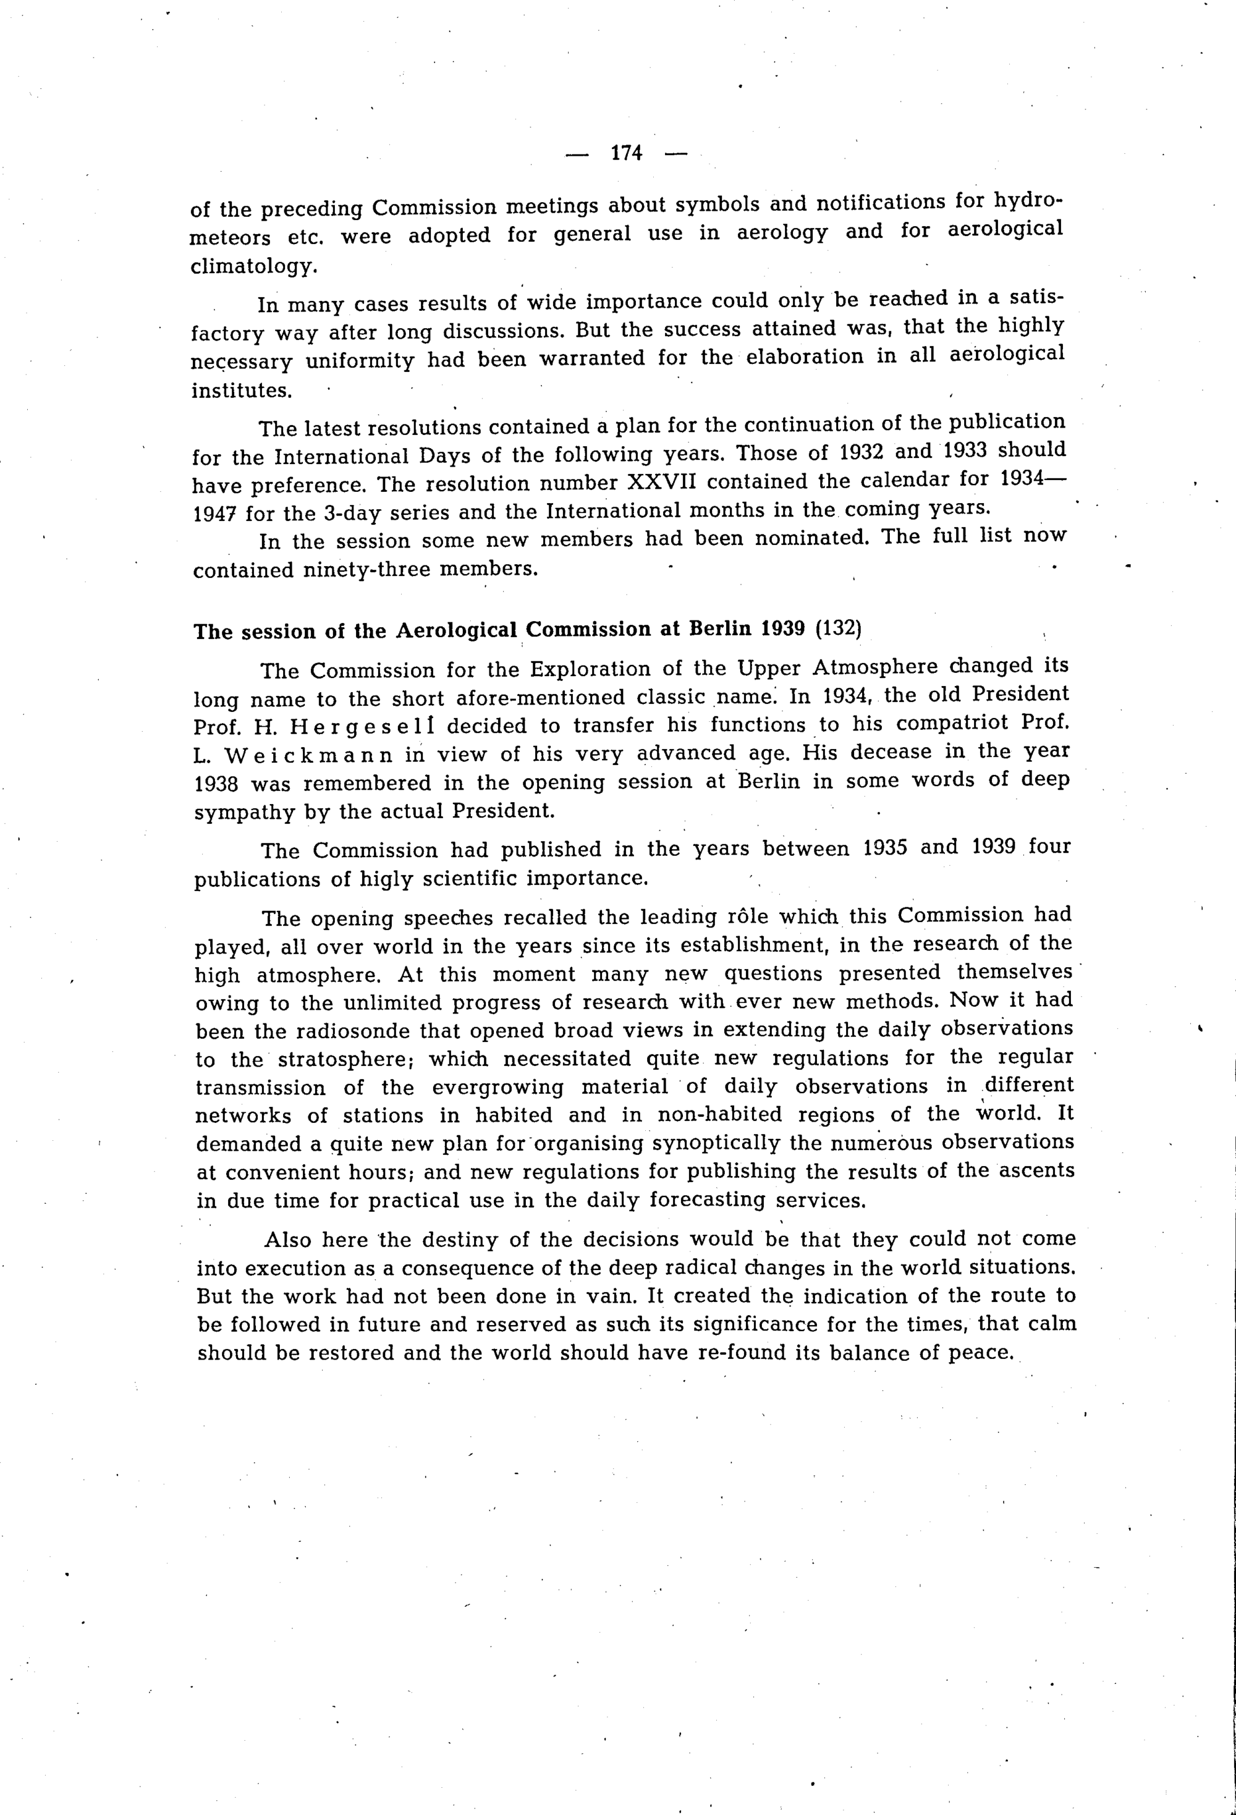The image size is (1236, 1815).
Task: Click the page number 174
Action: coord(626,153)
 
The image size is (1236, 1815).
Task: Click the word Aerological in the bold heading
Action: coord(457,631)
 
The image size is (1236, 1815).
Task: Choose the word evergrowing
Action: coord(497,1087)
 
